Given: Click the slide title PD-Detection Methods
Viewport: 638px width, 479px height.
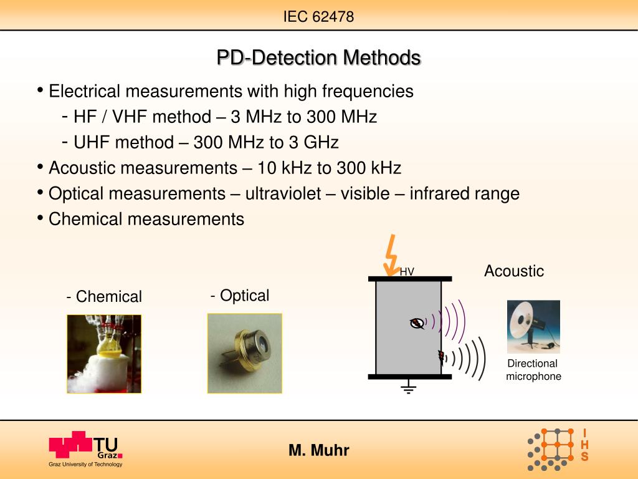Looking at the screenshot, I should (318, 58).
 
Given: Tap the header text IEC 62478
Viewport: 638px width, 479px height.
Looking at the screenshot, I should (318, 17).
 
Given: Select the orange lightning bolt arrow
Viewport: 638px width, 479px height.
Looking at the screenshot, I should (391, 254).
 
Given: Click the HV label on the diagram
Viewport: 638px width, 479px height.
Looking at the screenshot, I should (407, 271).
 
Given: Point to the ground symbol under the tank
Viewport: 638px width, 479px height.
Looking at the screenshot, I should (408, 389).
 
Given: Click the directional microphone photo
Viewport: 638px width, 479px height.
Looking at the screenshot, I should (533, 327).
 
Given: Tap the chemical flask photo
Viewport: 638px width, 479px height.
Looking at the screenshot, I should (104, 354).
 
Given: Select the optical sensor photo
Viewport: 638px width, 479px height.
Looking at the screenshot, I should (244, 353).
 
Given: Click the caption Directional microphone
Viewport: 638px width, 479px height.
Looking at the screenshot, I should (533, 370).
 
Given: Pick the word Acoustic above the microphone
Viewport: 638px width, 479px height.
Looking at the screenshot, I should (514, 271).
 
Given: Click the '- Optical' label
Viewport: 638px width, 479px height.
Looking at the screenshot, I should (240, 296).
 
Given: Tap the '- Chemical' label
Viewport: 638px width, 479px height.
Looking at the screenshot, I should (104, 297).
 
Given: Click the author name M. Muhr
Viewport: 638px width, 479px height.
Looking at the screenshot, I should (318, 450).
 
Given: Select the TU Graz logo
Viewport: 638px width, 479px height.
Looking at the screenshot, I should (85, 448).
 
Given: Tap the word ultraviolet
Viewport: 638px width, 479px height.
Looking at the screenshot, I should (283, 194).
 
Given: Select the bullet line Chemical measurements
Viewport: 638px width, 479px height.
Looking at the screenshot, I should (146, 220).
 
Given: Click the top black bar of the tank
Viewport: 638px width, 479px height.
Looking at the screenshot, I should (409, 278).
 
